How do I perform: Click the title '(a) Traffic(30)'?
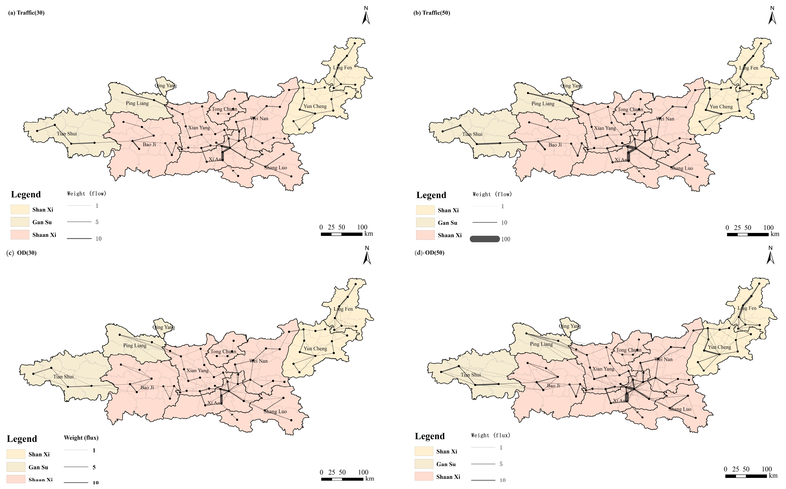point(26,13)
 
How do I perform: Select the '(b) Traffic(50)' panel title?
point(432,13)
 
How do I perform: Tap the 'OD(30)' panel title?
point(27,253)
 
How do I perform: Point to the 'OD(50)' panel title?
point(435,253)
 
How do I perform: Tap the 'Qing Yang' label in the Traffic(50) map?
point(572,86)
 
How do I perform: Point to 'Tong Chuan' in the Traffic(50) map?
point(631,110)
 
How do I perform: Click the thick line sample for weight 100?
point(485,239)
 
